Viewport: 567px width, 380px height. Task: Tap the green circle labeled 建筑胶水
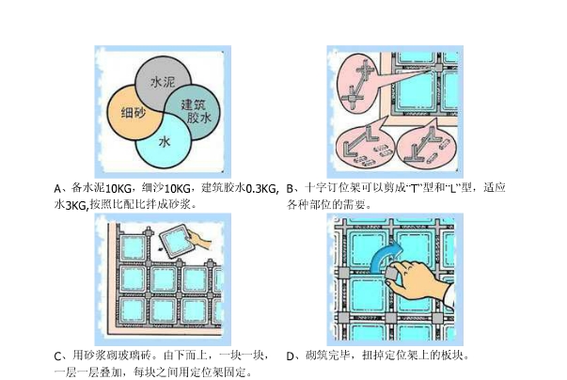pos(193,112)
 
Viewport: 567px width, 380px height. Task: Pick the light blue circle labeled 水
pos(165,142)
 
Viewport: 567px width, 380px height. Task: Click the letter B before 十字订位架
pos(291,188)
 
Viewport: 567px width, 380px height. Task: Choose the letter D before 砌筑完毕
pos(291,356)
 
